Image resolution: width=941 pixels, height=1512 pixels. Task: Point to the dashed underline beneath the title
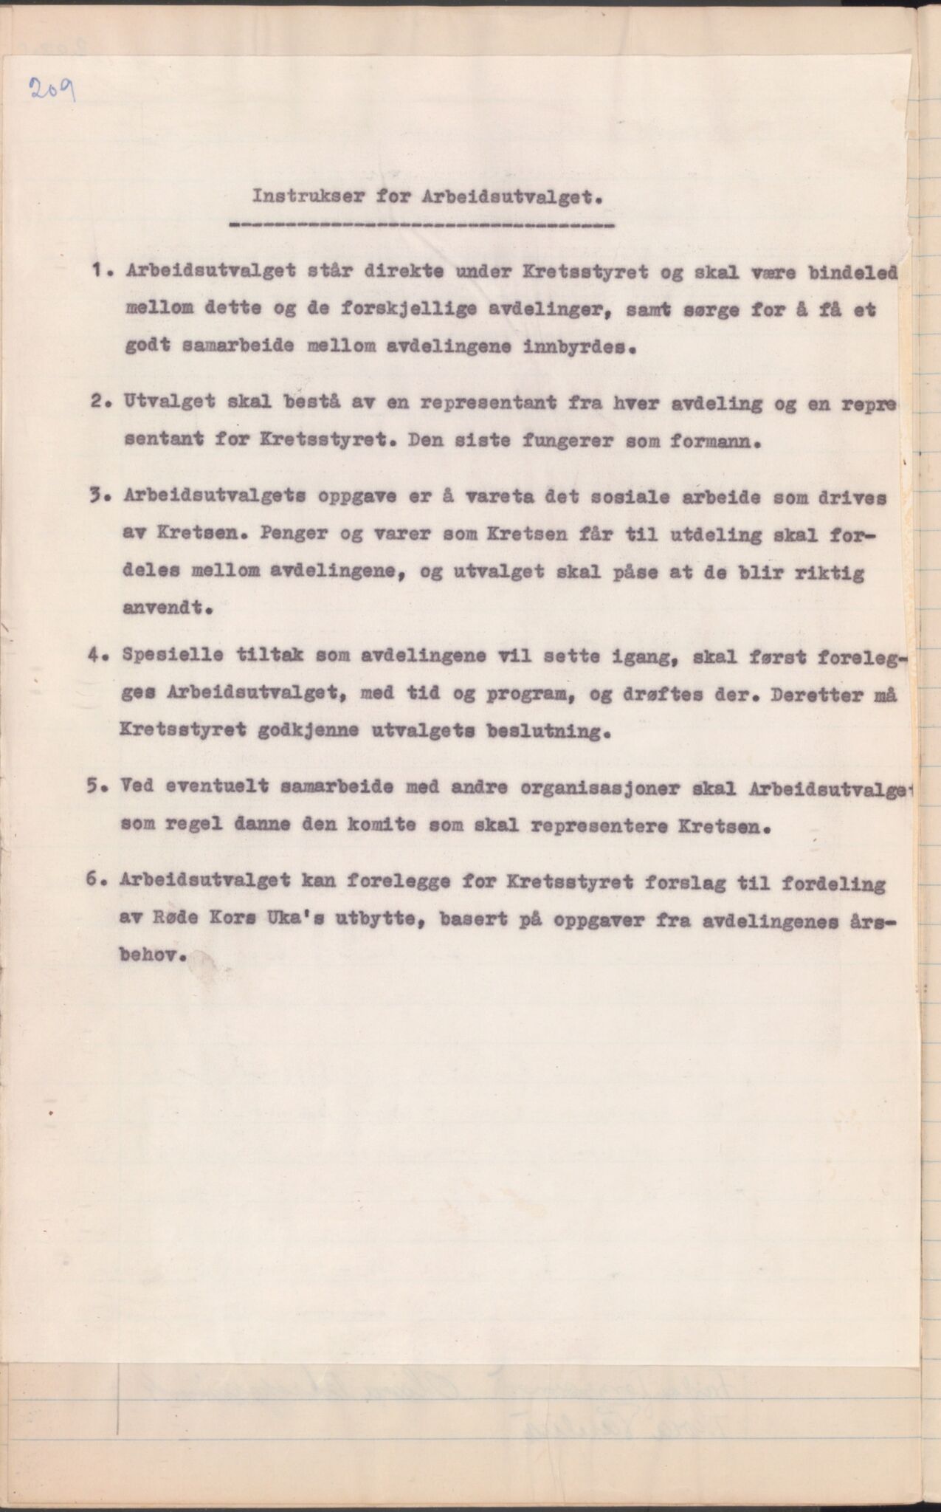pyautogui.click(x=421, y=224)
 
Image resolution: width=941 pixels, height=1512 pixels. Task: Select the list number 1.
pyautogui.click(x=98, y=270)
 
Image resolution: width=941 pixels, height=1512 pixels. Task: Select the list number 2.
pyautogui.click(x=98, y=404)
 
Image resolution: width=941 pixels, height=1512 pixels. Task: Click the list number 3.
pyautogui.click(x=98, y=497)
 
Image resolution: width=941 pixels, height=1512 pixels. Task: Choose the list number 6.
pyautogui.click(x=94, y=881)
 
